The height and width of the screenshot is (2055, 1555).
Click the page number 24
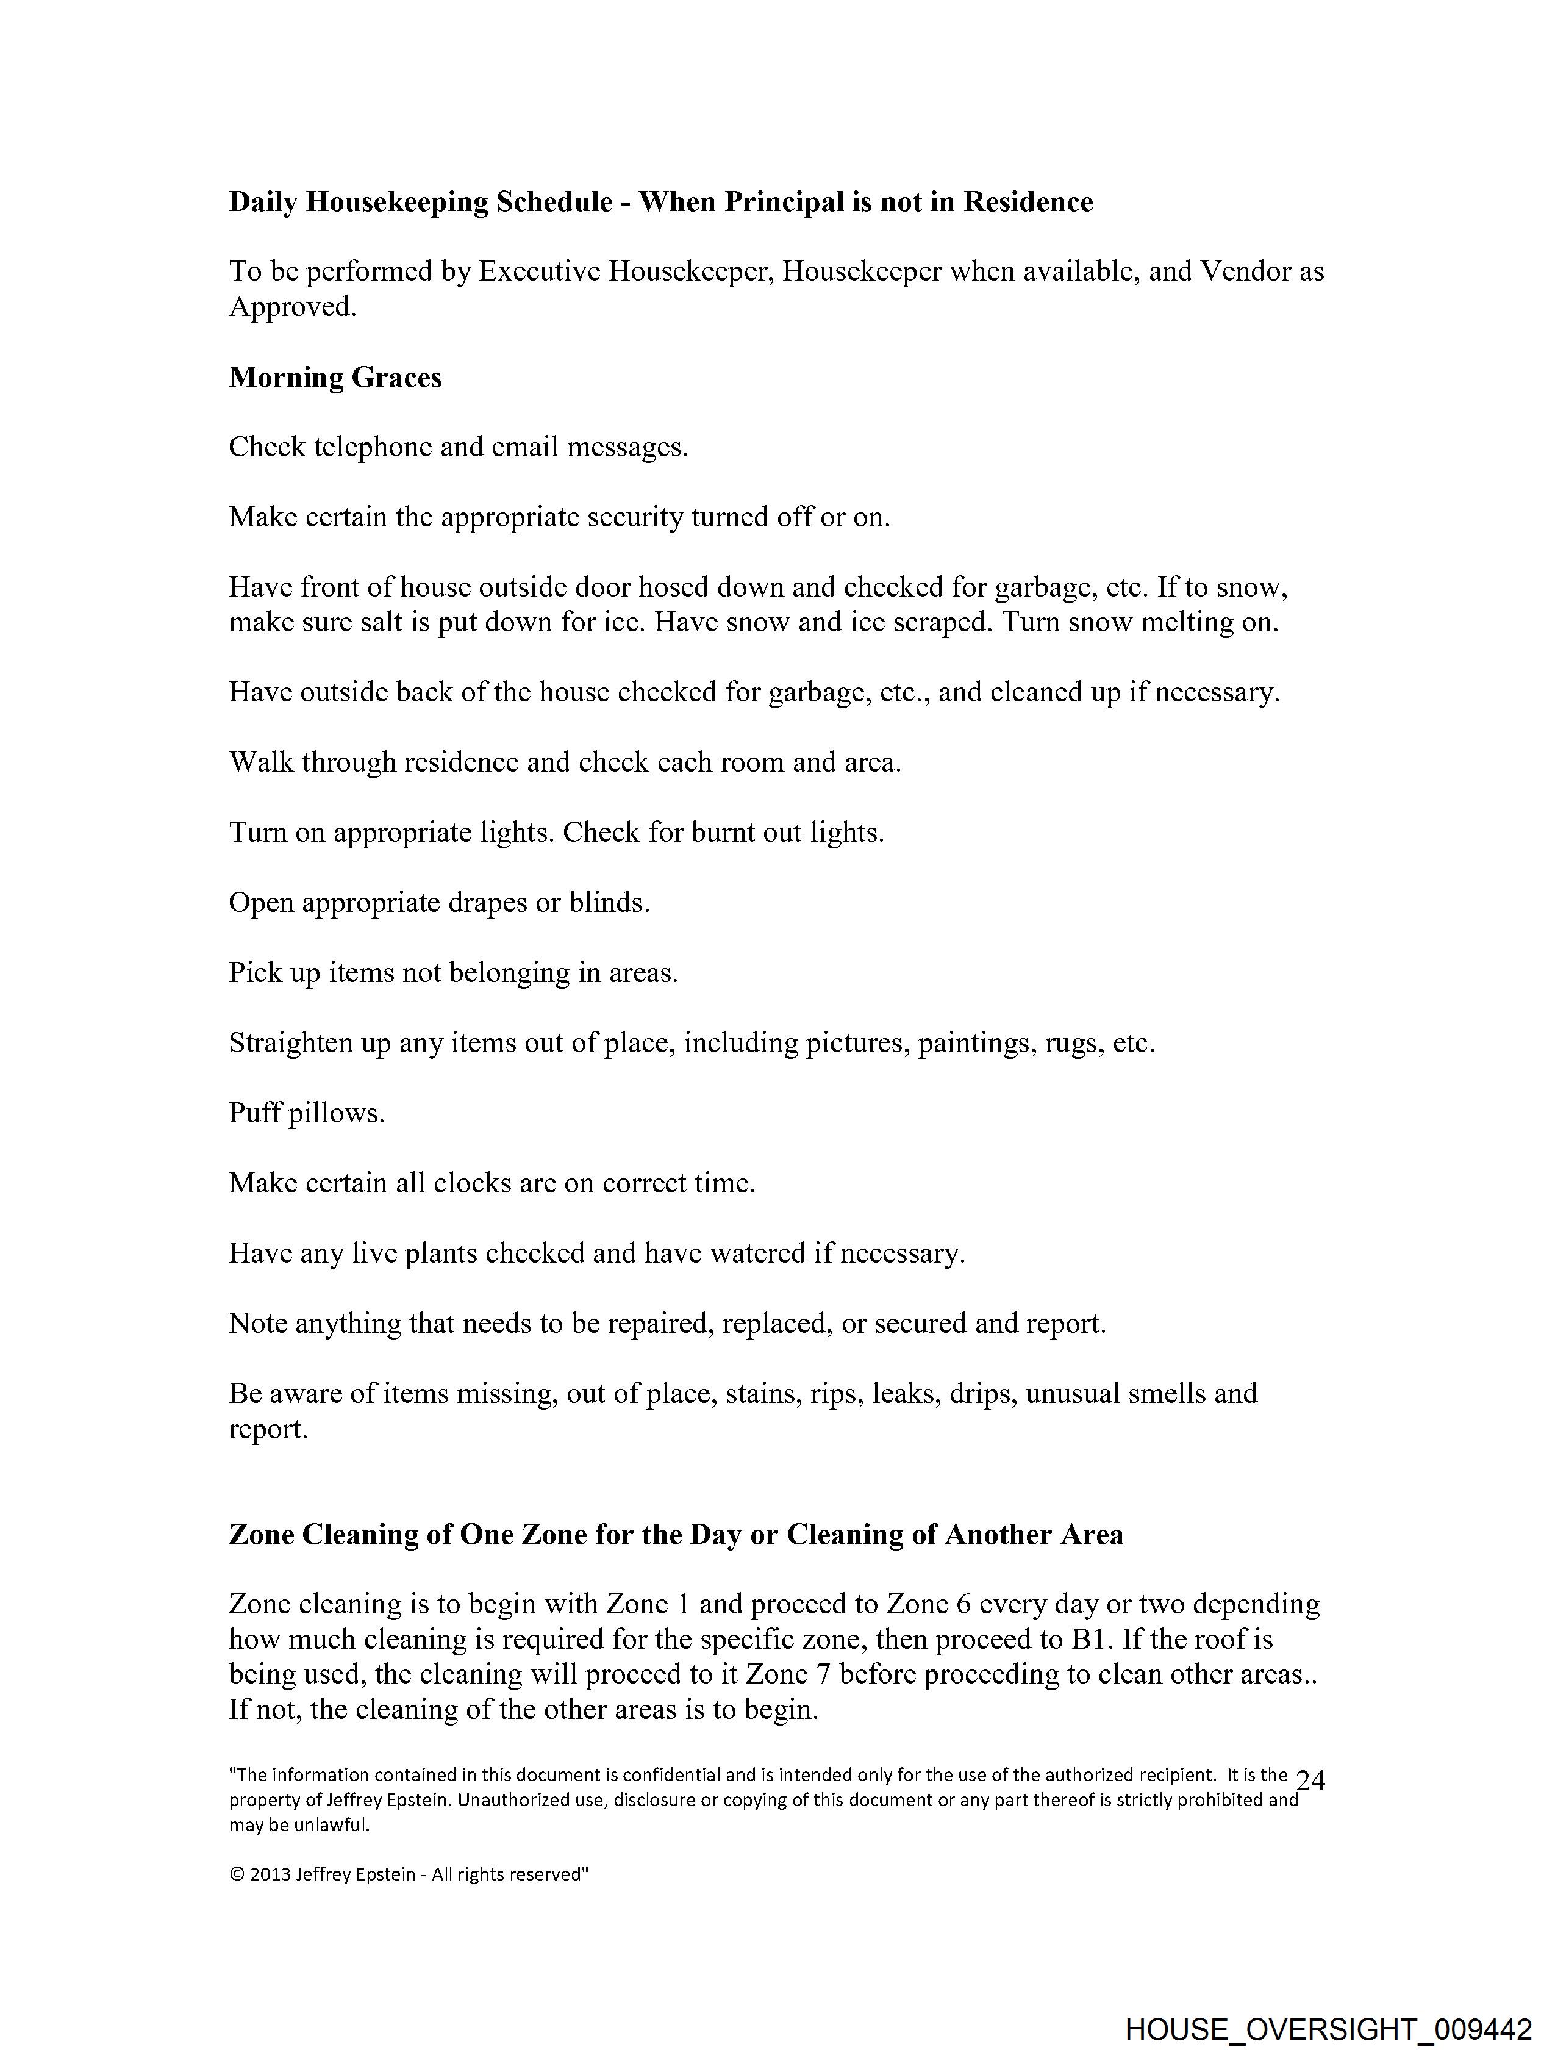(1310, 1780)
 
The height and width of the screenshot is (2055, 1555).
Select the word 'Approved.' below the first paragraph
(293, 307)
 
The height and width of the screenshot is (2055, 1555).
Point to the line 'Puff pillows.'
(307, 1113)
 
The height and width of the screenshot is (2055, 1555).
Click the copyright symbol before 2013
(236, 1875)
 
